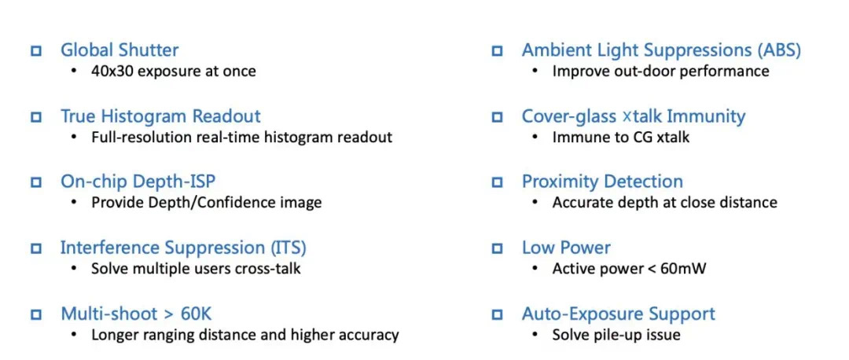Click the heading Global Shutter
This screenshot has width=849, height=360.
coord(119,50)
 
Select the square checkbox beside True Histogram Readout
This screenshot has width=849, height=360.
coord(36,117)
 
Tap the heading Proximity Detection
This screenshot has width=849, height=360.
coord(602,182)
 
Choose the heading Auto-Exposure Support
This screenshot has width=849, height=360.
coord(619,314)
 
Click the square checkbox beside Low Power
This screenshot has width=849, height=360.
coord(497,248)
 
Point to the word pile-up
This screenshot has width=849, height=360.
coord(616,335)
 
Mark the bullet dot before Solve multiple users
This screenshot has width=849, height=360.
coord(74,269)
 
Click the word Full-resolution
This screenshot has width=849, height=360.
coord(132,137)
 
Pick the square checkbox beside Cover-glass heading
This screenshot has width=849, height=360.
coord(497,117)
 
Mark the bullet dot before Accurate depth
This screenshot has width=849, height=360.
coord(535,203)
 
